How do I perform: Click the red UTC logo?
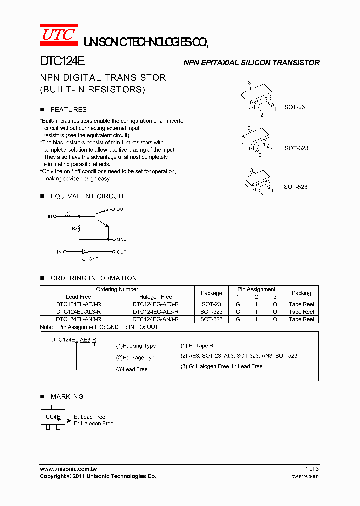click(58, 35)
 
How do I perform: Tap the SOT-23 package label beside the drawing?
click(295, 107)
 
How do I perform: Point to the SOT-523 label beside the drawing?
click(295, 187)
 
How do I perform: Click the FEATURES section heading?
click(68, 110)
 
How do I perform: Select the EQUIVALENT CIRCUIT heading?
click(87, 196)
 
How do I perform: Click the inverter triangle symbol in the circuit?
click(85, 252)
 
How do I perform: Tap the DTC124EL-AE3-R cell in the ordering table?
click(78, 304)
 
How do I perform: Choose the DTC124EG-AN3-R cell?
click(155, 319)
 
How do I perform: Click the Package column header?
click(211, 293)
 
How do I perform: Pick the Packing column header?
click(301, 293)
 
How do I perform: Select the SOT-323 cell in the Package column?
click(211, 312)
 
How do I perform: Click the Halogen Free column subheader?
click(155, 297)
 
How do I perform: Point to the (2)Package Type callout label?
click(137, 358)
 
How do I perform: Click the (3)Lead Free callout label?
click(132, 370)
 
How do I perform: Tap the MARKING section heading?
click(67, 397)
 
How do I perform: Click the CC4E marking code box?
click(53, 417)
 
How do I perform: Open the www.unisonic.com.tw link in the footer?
click(68, 469)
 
